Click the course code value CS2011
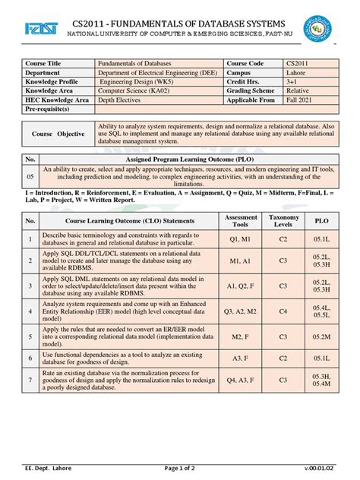(x=298, y=64)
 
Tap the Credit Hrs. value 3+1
(x=293, y=83)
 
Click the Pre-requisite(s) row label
(x=52, y=109)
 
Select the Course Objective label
(x=58, y=134)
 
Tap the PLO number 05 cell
(x=30, y=176)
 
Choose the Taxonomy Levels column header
(x=283, y=220)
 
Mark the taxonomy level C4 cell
(x=283, y=311)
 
